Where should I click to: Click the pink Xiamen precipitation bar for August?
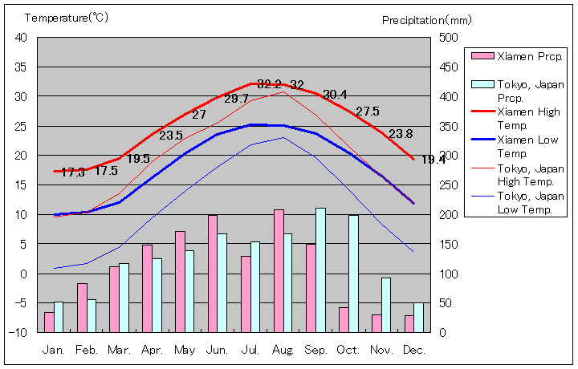[279, 271]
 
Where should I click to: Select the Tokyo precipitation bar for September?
[321, 270]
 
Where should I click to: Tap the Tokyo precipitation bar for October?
[353, 274]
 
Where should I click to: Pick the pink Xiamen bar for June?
[213, 274]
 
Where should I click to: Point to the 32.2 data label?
[270, 84]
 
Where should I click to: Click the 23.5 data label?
[171, 135]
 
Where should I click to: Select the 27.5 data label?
[368, 112]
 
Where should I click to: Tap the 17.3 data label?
[73, 172]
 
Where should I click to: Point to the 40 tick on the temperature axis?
[21, 37]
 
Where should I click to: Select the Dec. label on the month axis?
[415, 349]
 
